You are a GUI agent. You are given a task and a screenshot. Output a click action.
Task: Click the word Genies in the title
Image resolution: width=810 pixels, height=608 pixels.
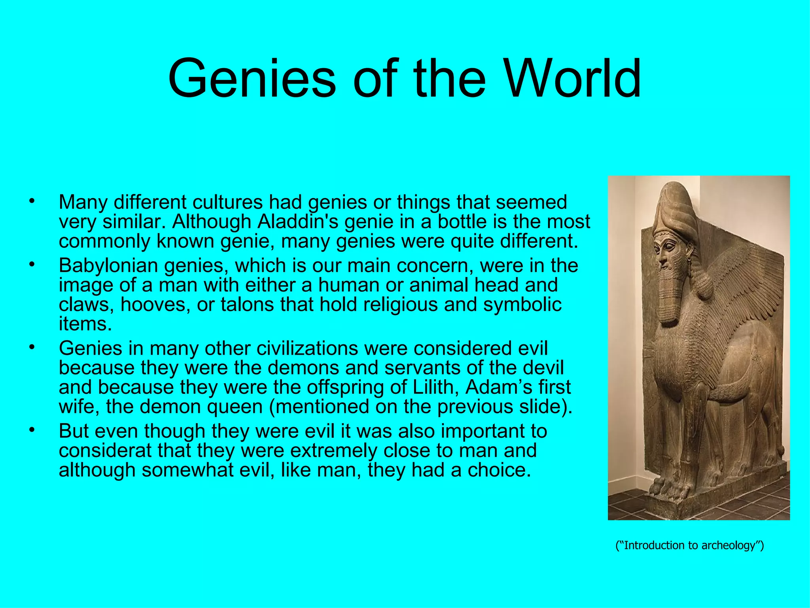click(252, 78)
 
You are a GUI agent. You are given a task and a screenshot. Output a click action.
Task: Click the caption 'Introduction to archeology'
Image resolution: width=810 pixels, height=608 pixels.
click(689, 545)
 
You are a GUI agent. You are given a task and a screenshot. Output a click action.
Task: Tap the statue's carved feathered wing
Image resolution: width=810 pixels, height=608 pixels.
click(736, 285)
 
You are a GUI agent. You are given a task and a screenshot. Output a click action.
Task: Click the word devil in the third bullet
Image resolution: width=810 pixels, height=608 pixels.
click(546, 368)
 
